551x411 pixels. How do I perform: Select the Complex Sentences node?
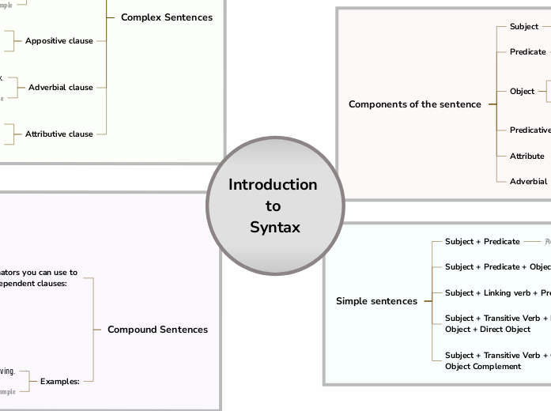coord(166,17)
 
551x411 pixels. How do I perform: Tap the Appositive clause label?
coord(58,41)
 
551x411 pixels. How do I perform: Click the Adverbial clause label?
coord(61,88)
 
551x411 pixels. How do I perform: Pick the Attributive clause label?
coord(58,134)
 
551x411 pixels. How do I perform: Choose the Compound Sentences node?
coord(157,330)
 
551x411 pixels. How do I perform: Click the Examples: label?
coord(60,382)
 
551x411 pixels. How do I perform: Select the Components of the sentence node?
coord(414,104)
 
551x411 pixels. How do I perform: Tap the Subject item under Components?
coord(523,27)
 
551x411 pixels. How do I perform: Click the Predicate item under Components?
coord(527,52)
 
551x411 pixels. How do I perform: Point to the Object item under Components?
coord(522,92)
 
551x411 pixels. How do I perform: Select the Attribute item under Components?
coord(526,156)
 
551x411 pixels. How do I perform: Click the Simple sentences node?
coord(376,301)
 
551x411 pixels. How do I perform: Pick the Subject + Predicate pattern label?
coord(482,242)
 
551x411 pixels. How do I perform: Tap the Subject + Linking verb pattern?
coord(496,293)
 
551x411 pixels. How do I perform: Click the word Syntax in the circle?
coord(274,228)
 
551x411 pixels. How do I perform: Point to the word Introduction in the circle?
coord(273,185)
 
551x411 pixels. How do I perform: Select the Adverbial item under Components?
coord(528,182)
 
